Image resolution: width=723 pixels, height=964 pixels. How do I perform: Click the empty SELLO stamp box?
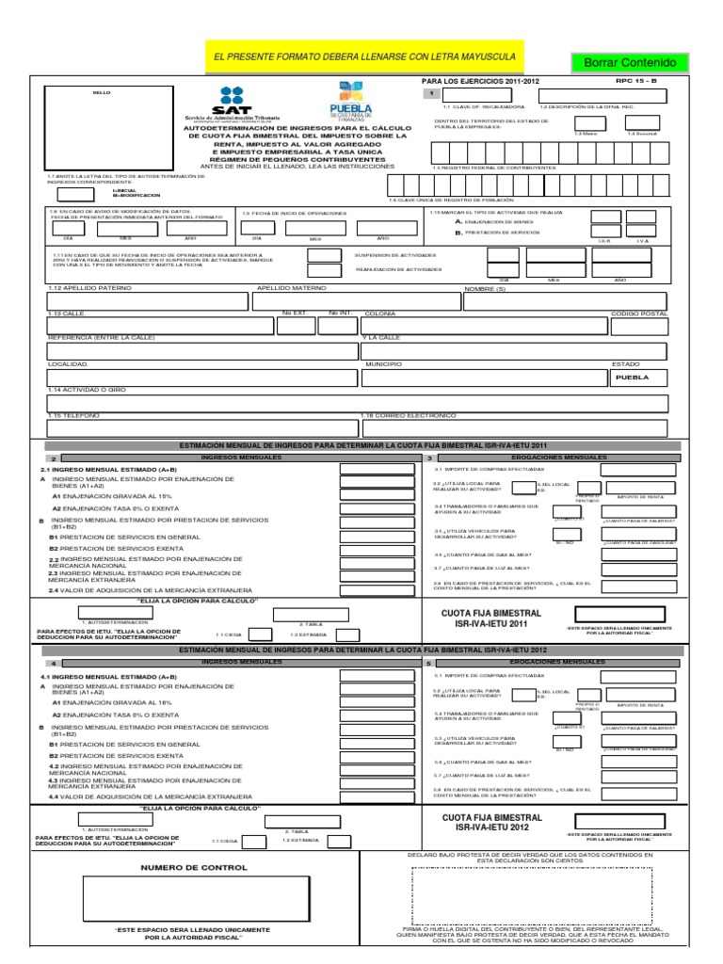pyautogui.click(x=105, y=128)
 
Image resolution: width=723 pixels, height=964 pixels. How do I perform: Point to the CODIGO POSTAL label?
pyautogui.click(x=638, y=313)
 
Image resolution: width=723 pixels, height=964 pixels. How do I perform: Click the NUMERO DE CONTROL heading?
pyautogui.click(x=194, y=867)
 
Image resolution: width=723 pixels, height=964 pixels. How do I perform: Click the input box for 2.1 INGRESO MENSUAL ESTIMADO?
pyautogui.click(x=369, y=467)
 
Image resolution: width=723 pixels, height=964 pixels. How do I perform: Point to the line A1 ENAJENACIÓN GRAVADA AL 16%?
pyautogui.click(x=105, y=702)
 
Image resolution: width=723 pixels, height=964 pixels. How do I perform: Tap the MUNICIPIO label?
pyautogui.click(x=383, y=363)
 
